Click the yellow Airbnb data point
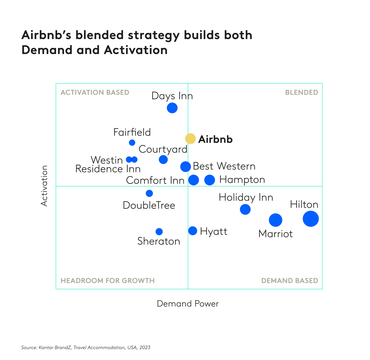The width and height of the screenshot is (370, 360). (x=190, y=139)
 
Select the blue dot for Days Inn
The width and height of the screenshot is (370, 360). (x=172, y=108)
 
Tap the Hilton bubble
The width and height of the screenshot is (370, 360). (x=310, y=219)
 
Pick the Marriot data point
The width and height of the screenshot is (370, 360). (x=275, y=220)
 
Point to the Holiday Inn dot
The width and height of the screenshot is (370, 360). (x=245, y=209)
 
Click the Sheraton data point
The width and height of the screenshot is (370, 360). (x=159, y=232)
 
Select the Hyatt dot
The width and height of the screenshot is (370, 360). (x=193, y=231)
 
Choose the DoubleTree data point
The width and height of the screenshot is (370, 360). (x=149, y=193)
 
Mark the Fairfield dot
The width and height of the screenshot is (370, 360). (x=132, y=143)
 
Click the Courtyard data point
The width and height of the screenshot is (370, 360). (x=163, y=160)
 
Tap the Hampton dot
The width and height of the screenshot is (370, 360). (x=210, y=180)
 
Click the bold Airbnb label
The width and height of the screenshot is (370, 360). (x=215, y=139)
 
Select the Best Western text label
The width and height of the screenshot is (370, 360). (x=224, y=166)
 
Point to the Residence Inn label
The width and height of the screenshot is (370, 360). (x=108, y=169)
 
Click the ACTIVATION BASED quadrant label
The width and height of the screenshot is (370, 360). (x=95, y=92)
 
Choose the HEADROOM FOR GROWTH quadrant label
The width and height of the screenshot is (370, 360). (x=107, y=280)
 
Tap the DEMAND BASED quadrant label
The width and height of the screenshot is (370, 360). (x=289, y=280)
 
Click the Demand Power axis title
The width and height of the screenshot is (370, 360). (x=188, y=304)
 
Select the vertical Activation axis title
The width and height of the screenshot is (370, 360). (x=44, y=186)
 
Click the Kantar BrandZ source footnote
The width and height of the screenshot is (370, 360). (x=86, y=347)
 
